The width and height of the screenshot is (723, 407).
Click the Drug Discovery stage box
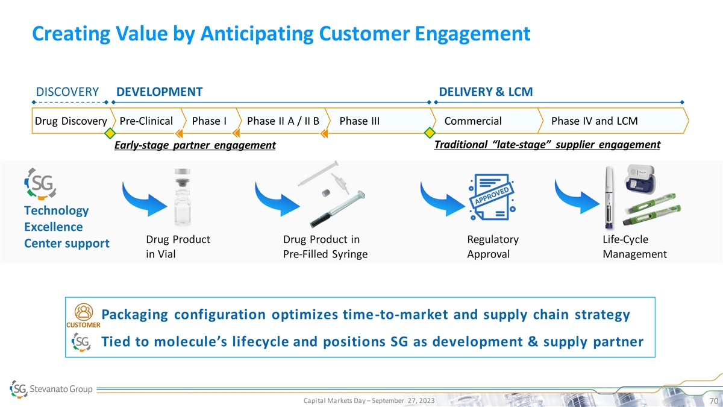point(69,121)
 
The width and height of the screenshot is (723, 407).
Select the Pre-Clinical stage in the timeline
point(146,121)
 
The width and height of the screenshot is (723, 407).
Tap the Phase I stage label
point(208,121)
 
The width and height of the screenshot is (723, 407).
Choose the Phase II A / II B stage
point(283,121)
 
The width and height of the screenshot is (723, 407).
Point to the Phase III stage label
point(360,121)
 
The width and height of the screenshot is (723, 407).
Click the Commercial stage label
point(472,121)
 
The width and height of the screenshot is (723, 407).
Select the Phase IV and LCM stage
point(594,121)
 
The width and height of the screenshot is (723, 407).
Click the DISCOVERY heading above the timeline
point(67,92)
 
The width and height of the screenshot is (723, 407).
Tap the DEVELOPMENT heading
point(159,92)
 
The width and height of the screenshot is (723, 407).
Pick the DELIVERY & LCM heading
point(486,92)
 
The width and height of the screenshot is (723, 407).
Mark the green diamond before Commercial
point(430,133)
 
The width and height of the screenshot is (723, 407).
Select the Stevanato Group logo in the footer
point(52,389)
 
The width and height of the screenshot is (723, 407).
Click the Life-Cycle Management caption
point(634,247)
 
